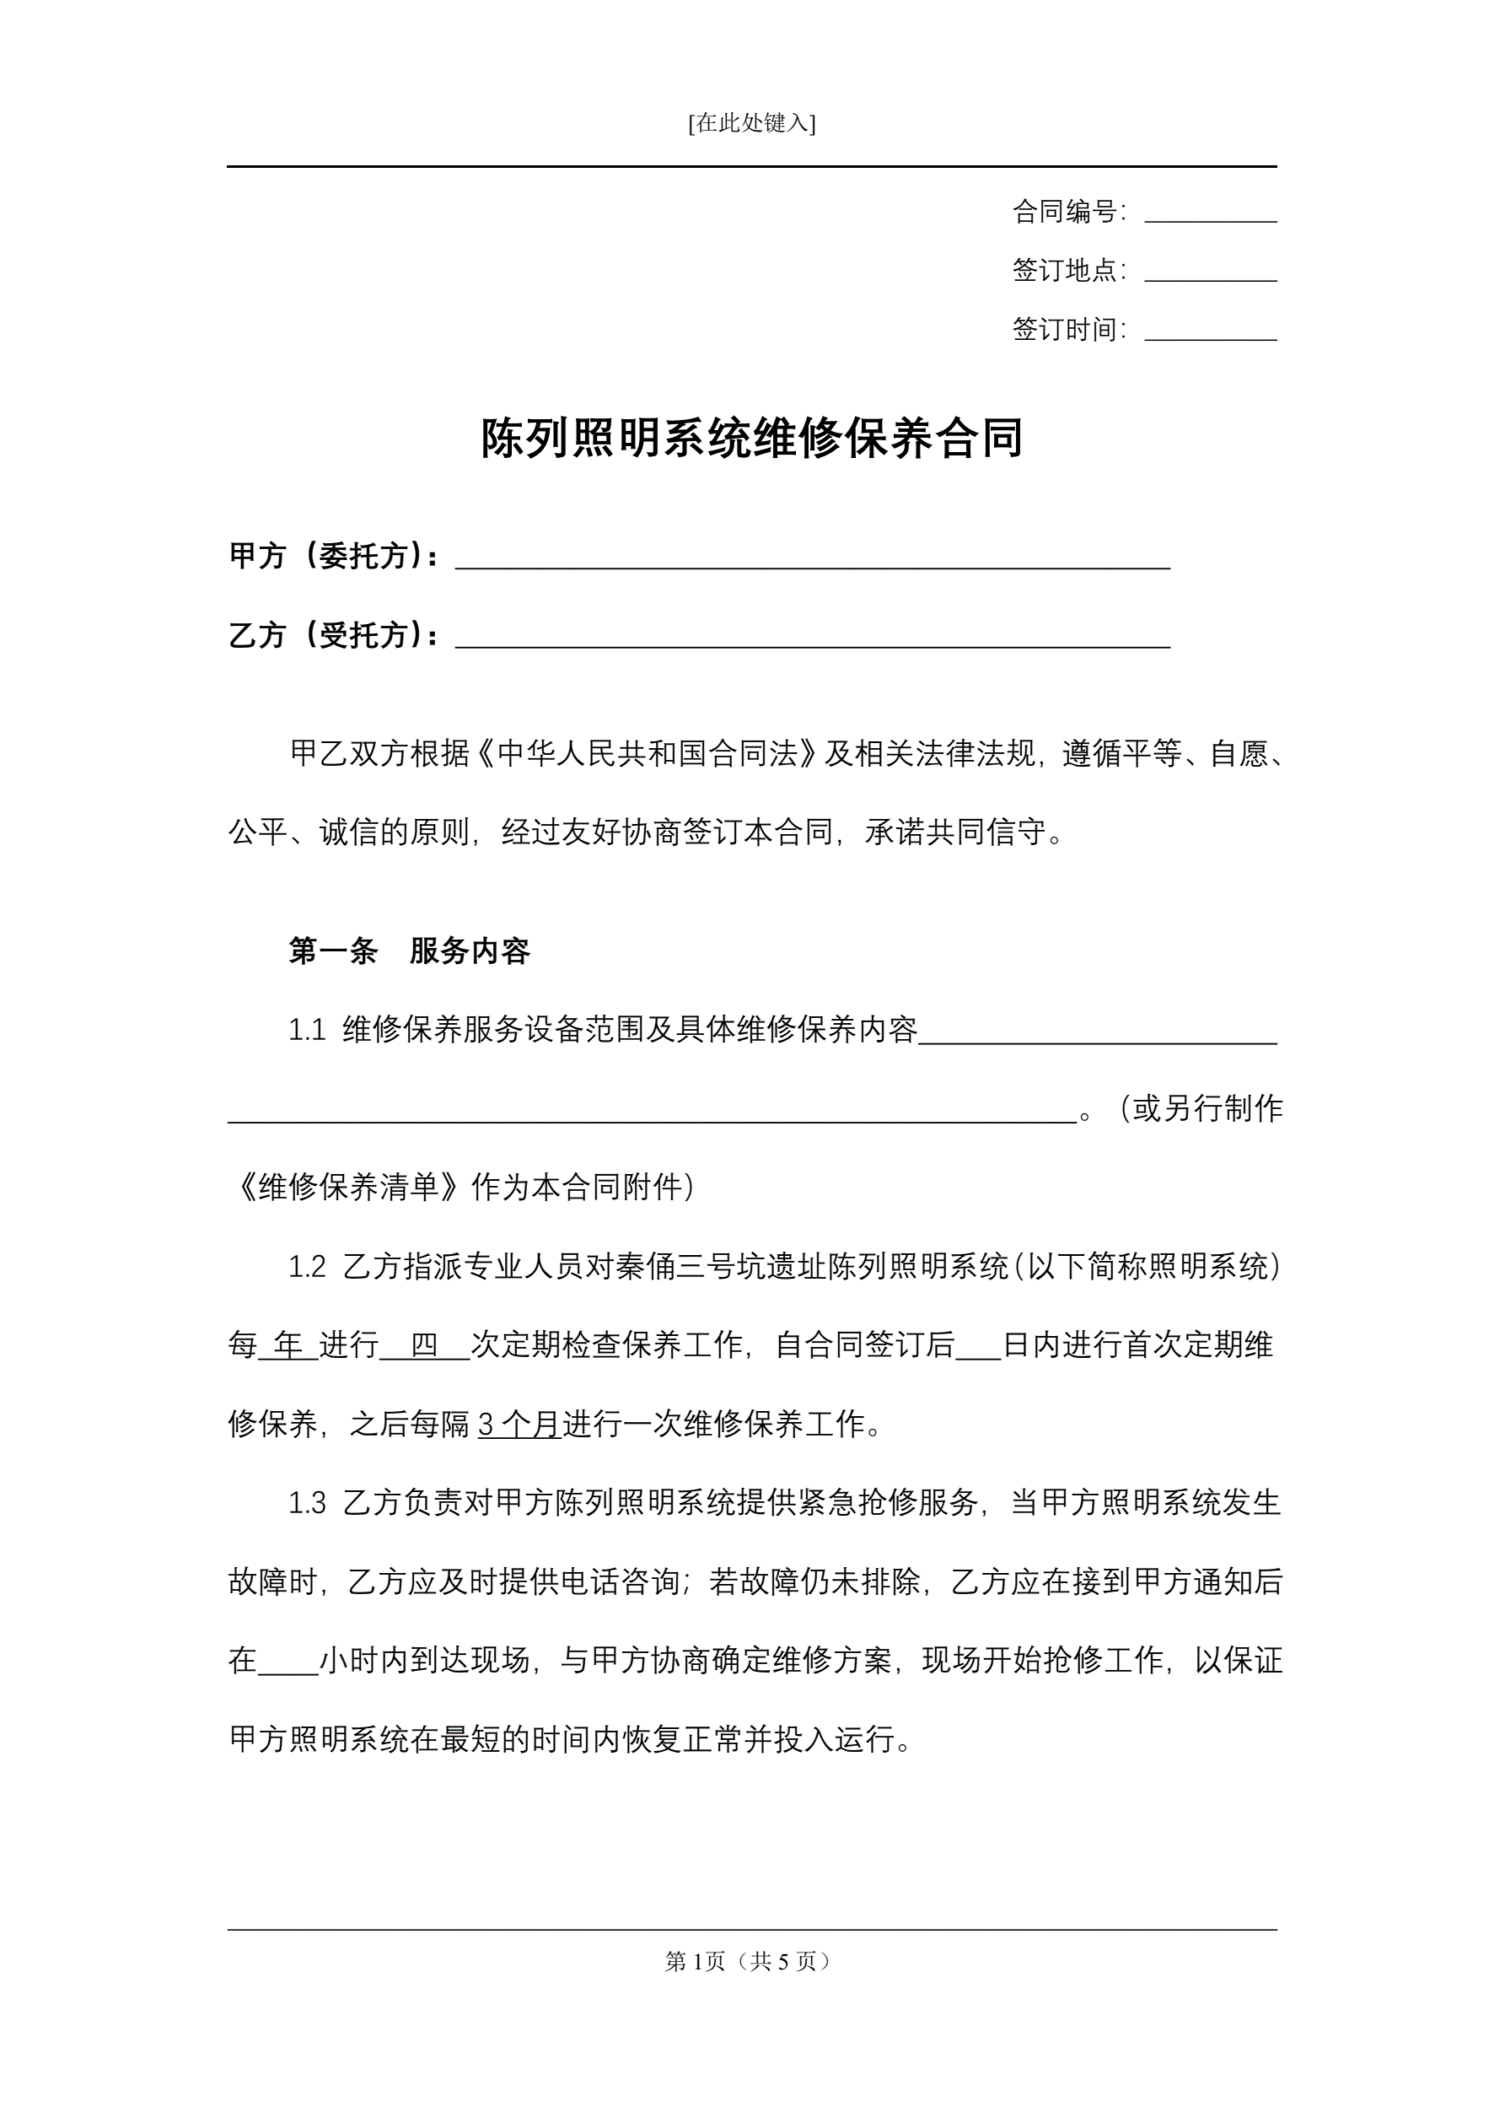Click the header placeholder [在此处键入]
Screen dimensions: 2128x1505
pyautogui.click(x=751, y=123)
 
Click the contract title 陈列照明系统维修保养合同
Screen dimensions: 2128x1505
pyautogui.click(x=751, y=439)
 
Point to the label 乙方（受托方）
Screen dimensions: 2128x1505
pyautogui.click(x=335, y=636)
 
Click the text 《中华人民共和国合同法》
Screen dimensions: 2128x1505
pyautogui.click(x=648, y=753)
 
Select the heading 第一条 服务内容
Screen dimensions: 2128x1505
pyautogui.click(x=409, y=951)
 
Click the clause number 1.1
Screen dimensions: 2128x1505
pyautogui.click(x=307, y=1030)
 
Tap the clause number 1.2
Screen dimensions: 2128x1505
pyautogui.click(x=307, y=1267)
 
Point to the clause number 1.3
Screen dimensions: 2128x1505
pyautogui.click(x=307, y=1503)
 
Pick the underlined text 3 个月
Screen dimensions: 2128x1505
pyautogui.click(x=519, y=1425)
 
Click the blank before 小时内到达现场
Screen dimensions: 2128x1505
pyautogui.click(x=288, y=1662)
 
